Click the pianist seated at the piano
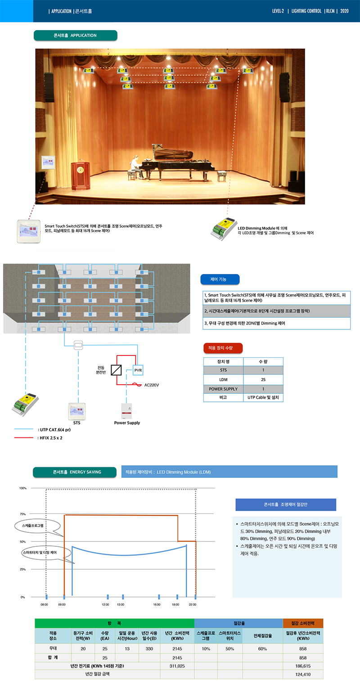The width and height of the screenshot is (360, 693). coord(134,165)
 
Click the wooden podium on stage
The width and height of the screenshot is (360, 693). coord(80,175)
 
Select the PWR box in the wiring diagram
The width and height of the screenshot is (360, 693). coord(138,370)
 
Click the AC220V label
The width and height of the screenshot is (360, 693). coord(152,385)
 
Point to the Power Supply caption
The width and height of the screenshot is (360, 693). coord(127,423)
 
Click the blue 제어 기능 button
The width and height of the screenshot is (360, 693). coord(220,279)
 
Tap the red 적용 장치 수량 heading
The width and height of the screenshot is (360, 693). coord(223,348)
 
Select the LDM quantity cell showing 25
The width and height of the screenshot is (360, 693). coord(263,380)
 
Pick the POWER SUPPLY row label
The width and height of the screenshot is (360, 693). coord(223,389)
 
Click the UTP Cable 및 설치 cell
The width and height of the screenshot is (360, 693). coord(263,398)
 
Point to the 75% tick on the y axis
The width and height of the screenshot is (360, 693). coord(22,514)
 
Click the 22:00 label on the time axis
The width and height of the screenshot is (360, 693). coord(193,604)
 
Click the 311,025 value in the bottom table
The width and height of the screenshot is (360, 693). coord(177,666)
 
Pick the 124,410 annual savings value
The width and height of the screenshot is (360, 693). coord(303,675)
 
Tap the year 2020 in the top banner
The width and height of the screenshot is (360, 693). coord(344,11)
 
